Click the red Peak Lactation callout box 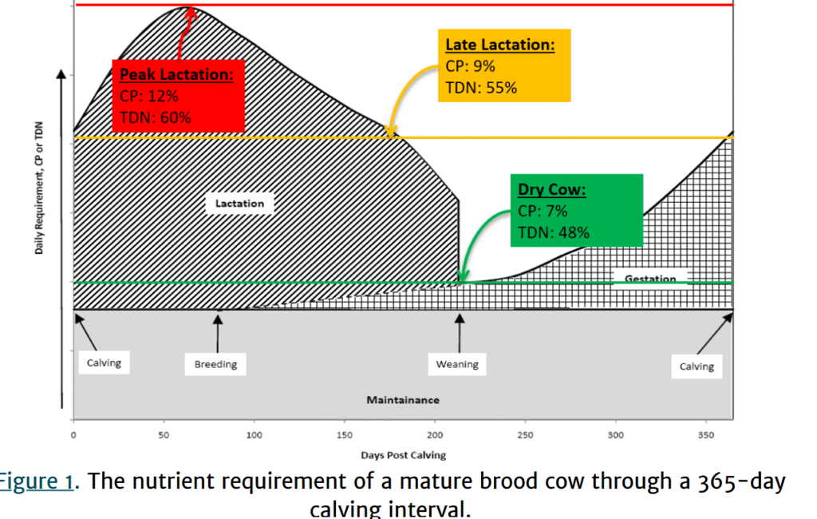[x=178, y=97]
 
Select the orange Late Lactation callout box [x=504, y=65]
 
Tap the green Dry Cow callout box [x=577, y=210]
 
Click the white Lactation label [x=239, y=204]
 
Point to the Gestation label [x=650, y=279]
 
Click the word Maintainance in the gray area [x=403, y=400]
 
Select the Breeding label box [x=215, y=364]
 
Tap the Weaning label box [x=457, y=364]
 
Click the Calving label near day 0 [x=105, y=363]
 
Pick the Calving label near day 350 [x=697, y=366]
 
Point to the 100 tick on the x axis [x=255, y=435]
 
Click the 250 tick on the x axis [x=525, y=435]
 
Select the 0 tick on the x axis [x=73, y=435]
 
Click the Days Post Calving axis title [x=403, y=455]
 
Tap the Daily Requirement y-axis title [x=39, y=188]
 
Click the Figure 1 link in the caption [x=37, y=481]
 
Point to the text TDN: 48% [x=554, y=232]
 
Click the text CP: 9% [x=470, y=66]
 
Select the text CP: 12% [x=149, y=97]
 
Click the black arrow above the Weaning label [x=460, y=333]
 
